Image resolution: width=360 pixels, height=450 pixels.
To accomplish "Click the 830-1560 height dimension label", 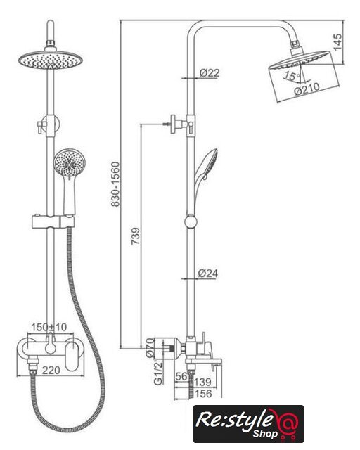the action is click(115, 184).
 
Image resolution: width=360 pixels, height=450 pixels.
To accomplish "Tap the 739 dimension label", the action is click(136, 236).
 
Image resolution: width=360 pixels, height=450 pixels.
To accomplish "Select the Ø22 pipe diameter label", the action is click(210, 72).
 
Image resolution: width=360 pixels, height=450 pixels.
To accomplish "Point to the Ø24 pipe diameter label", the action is click(208, 274).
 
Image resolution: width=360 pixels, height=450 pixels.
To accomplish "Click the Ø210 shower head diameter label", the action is click(307, 89).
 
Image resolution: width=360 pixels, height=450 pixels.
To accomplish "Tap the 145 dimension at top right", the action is click(337, 42).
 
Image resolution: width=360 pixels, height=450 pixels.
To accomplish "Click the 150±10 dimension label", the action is click(49, 327).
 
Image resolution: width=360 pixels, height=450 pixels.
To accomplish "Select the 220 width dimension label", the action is click(51, 371).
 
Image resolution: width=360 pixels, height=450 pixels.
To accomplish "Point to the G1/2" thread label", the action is click(158, 372).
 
